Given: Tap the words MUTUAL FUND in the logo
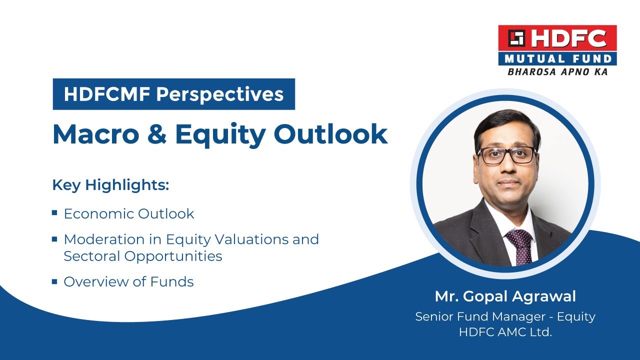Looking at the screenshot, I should coord(557,59).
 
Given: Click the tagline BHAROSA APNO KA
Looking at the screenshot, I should coord(557,72).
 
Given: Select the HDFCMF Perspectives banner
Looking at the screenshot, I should coord(173,94).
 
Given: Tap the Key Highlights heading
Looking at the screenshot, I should coord(110,185).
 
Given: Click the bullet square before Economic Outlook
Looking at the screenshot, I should coord(54,213).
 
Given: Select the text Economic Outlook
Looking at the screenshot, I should coord(128,214).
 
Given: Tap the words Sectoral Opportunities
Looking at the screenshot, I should coord(142,256).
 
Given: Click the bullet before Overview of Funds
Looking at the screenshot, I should coord(54,281).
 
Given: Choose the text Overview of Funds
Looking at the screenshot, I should coord(128,282).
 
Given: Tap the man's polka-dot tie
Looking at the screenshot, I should coord(519,245).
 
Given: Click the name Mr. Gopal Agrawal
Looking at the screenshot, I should coord(505,296).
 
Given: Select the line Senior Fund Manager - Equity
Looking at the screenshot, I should coord(505,317).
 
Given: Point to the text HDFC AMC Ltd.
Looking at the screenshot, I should coord(505,332).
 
